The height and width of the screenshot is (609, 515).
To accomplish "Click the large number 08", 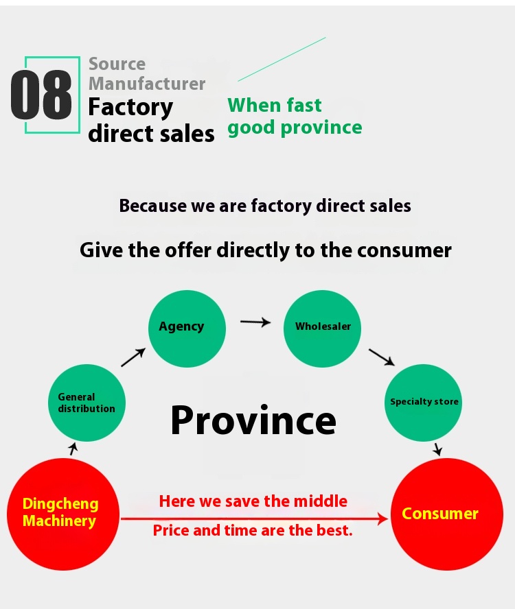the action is coord(41,95).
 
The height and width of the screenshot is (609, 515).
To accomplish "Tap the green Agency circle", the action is coord(187,329).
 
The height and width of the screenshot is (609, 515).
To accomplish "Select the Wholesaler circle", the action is coord(322,329).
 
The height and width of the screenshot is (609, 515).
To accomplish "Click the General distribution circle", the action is coord(87,403).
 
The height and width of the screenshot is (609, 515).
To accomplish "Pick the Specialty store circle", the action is coord(423,403).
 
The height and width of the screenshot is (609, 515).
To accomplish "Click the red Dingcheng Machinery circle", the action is coord(63,514).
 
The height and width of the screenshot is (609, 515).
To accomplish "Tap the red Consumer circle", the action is coord(446,514).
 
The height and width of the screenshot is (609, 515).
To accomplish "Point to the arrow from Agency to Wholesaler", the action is coord(255,322).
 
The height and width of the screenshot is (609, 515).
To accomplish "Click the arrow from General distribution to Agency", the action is coord(133,357).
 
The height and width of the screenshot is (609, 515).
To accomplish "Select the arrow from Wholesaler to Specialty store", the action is coord(382,357).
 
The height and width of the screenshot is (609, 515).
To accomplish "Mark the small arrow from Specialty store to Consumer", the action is coord(438,449).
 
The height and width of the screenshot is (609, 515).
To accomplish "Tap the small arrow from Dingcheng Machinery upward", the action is coord(73,449).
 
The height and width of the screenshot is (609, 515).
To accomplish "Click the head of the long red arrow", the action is coord(384,518).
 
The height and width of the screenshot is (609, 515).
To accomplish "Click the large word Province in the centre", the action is coord(253,420).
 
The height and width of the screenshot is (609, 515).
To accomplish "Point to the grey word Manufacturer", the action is coord(147,84).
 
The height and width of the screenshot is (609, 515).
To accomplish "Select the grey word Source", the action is coord(117,64).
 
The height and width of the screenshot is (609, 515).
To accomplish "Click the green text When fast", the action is coord(275,105).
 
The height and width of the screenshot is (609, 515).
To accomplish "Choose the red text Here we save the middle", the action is coord(253,501).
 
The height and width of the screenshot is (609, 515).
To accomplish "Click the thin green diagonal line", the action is coord(282,59).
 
